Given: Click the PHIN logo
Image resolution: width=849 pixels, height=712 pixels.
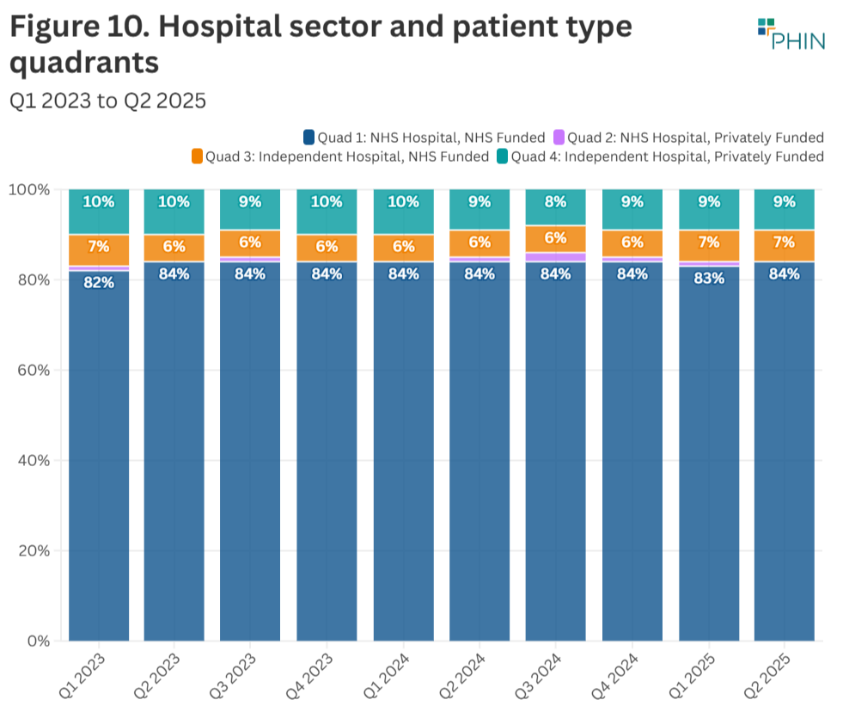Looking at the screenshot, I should click(791, 34).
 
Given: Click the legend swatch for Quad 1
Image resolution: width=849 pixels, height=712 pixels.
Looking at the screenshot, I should click(308, 138).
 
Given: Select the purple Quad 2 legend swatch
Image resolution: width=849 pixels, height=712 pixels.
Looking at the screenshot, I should click(559, 138).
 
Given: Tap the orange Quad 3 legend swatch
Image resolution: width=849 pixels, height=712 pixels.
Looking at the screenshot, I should click(197, 157).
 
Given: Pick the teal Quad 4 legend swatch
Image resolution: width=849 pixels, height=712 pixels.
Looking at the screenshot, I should click(502, 157).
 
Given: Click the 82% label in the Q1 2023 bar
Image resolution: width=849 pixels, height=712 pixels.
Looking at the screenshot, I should click(99, 281).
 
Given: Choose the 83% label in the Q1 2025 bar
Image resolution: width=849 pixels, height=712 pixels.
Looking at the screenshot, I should click(709, 278).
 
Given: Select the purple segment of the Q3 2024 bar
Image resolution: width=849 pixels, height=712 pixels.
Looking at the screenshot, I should click(556, 257).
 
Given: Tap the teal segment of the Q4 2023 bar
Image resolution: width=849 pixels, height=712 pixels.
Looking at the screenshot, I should click(327, 212).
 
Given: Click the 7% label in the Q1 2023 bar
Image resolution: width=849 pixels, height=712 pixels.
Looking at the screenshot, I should click(99, 247).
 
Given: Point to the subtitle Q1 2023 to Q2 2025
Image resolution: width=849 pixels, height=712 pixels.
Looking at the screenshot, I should click(107, 101).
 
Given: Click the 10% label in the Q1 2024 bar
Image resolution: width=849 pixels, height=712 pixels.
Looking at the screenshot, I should click(404, 203).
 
